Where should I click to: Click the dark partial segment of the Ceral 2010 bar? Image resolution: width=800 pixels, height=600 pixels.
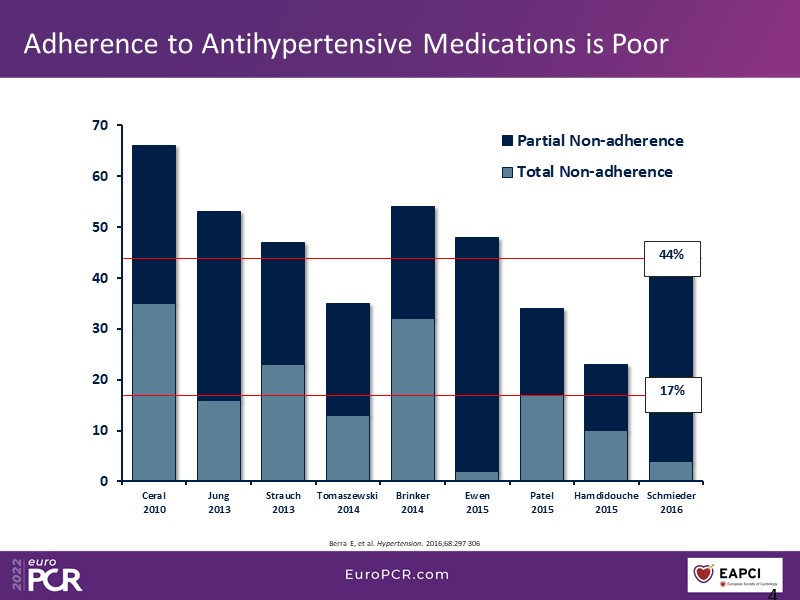coord(154,224)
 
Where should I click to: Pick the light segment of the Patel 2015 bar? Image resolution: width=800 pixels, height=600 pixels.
coord(542,438)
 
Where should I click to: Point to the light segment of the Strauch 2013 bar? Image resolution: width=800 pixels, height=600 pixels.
coord(283,423)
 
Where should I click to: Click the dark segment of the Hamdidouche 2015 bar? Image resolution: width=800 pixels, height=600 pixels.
coord(606,397)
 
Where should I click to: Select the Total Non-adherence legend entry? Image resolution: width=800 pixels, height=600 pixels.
coord(586,171)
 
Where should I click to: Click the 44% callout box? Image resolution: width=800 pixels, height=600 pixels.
coord(671,255)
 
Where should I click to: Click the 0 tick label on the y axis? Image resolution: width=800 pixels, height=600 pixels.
coord(103,482)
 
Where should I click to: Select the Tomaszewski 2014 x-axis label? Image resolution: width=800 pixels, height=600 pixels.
coord(348,502)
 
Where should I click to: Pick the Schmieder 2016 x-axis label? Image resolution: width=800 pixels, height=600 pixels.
coord(671,502)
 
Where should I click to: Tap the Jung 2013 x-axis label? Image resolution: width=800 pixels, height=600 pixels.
coord(218,502)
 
